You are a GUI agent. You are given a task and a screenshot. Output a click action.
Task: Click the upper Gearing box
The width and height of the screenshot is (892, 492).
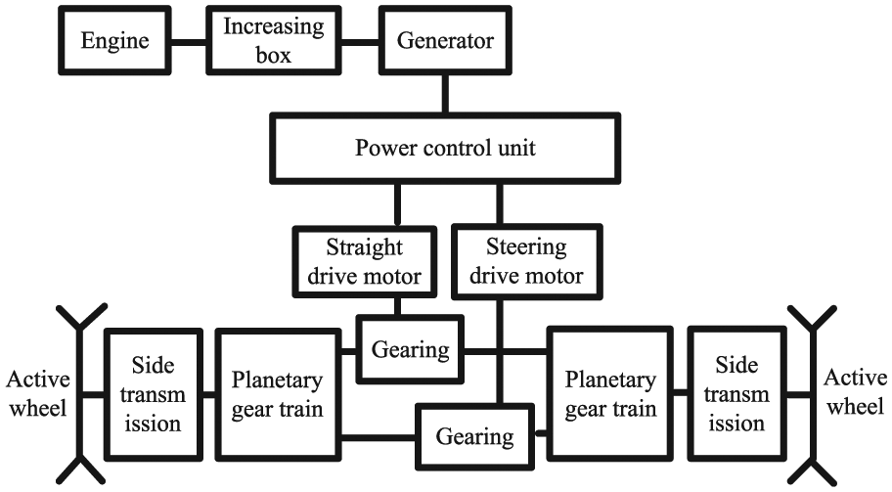tap(410, 348)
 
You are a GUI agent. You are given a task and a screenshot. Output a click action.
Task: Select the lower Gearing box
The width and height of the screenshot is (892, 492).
tap(474, 434)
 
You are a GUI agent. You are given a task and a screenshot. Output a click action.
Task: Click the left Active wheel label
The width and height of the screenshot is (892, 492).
tap(36, 391)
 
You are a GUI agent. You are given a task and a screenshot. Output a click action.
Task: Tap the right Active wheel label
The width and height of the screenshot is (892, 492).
tap(857, 391)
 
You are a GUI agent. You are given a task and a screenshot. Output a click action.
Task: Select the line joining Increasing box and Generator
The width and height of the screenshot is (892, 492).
tap(354, 43)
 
